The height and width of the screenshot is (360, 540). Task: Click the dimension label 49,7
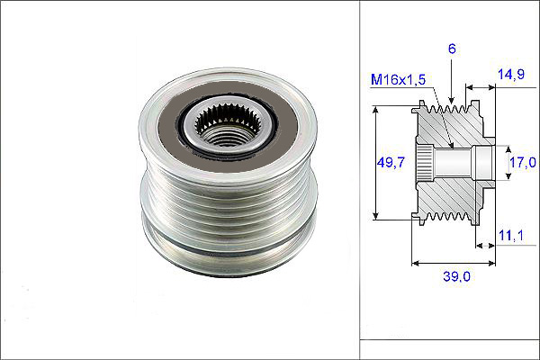(x=391, y=162)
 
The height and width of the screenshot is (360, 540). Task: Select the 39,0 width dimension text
(x=456, y=276)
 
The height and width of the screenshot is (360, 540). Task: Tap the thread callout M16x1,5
(x=398, y=79)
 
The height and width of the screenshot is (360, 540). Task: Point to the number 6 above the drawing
(x=452, y=49)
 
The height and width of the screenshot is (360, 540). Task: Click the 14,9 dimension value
(x=511, y=74)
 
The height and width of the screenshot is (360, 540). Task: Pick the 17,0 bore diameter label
(x=523, y=162)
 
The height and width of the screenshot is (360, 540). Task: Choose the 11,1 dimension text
(x=511, y=235)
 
